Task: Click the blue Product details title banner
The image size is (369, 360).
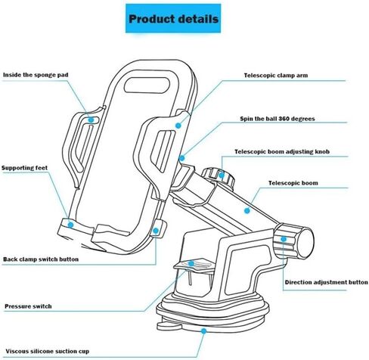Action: (x=173, y=18)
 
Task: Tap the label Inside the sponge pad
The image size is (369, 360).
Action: (x=36, y=75)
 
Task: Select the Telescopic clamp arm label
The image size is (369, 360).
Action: (x=276, y=75)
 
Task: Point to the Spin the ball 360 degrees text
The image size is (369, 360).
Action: (x=278, y=119)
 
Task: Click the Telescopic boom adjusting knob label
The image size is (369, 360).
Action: (x=282, y=151)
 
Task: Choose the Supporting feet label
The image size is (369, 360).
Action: (x=24, y=168)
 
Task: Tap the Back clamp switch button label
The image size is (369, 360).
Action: (x=41, y=259)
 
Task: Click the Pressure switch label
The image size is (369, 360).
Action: (x=28, y=306)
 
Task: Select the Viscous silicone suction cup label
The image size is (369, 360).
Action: (x=48, y=351)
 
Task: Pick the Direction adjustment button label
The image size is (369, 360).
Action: (x=327, y=282)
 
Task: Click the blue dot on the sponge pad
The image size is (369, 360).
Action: (x=91, y=120)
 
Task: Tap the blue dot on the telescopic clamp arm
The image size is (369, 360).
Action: (x=178, y=126)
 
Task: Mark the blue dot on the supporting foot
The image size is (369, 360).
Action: (x=71, y=225)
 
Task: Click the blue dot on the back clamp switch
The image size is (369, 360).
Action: (x=156, y=231)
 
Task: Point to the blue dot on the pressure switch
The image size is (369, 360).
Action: (x=191, y=264)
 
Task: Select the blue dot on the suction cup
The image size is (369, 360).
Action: (x=203, y=331)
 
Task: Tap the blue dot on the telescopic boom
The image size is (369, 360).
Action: (x=247, y=210)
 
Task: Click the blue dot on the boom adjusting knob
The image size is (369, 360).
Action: (x=222, y=175)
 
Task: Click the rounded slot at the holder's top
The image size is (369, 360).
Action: (x=147, y=85)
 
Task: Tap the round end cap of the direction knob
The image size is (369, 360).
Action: (x=305, y=243)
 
